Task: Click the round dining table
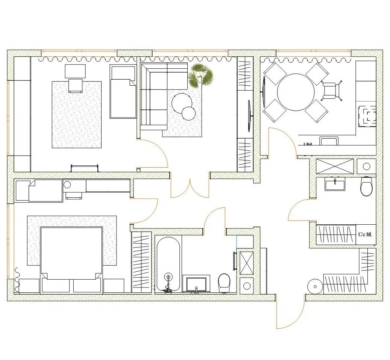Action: point(296,92)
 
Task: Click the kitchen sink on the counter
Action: point(329,141)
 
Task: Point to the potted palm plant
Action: point(200,75)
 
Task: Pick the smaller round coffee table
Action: point(188,113)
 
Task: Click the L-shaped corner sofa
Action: point(154,96)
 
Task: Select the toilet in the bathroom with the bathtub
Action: point(224,283)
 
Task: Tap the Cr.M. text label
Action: point(365,234)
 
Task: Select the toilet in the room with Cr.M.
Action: point(366,186)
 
